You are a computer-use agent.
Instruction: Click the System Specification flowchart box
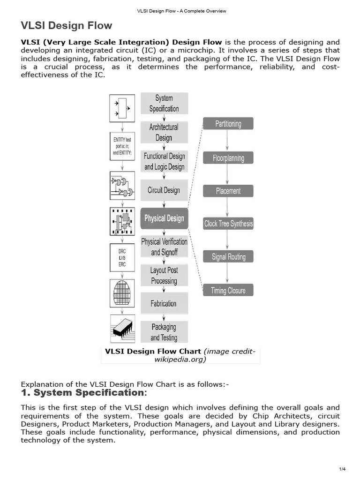click(x=164, y=104)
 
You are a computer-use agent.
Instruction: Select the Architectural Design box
click(x=164, y=132)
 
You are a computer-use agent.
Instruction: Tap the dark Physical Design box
click(x=164, y=218)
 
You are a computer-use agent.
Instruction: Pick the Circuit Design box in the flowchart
click(x=164, y=190)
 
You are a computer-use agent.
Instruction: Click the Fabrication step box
click(x=164, y=304)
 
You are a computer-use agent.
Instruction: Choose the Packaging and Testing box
click(x=164, y=332)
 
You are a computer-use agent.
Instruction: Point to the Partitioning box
click(x=228, y=124)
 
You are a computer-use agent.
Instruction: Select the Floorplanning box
click(x=228, y=158)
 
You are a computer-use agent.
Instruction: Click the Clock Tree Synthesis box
click(x=228, y=224)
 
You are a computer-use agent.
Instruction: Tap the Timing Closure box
click(x=228, y=290)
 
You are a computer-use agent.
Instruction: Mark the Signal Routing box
click(x=228, y=256)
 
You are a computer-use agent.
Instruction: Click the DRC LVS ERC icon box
click(x=122, y=258)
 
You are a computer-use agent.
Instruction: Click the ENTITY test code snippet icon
click(x=122, y=146)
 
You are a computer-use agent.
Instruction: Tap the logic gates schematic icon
click(x=122, y=185)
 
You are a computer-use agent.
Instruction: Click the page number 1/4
click(x=342, y=469)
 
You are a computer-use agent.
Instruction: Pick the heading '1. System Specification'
click(x=84, y=392)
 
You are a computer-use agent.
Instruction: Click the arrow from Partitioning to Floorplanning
click(x=227, y=141)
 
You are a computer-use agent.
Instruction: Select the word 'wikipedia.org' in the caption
click(x=180, y=360)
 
